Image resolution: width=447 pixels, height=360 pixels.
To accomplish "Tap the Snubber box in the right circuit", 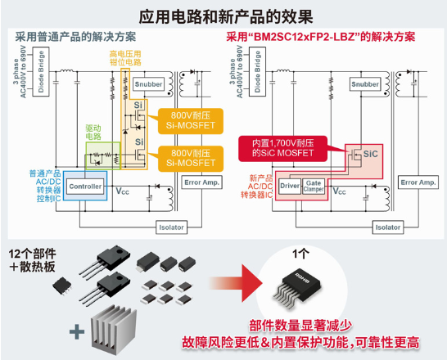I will coord(364,84).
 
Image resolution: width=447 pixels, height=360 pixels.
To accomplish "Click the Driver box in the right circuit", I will coord(291,187).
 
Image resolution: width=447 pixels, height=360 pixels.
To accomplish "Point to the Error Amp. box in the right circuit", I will coord(414,182).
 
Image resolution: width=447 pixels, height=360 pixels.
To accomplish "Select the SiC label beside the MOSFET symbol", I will coord(370,153).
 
